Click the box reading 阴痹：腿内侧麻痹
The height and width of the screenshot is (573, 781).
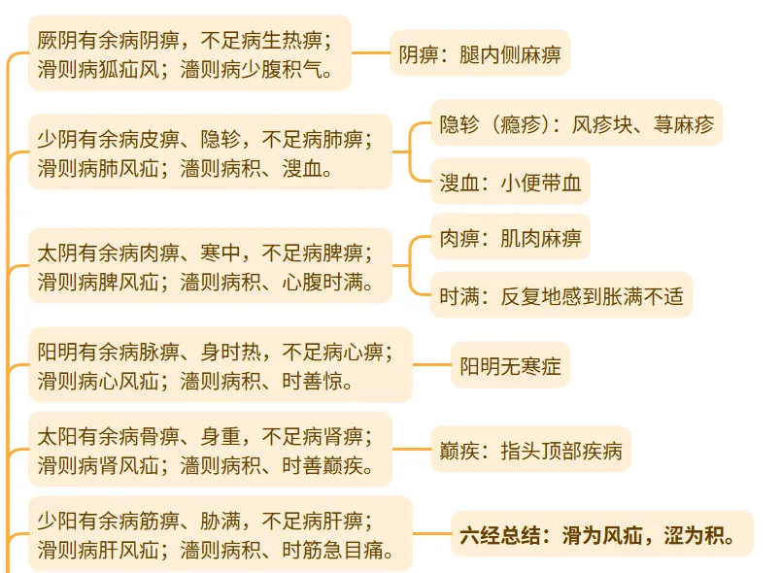click(x=479, y=53)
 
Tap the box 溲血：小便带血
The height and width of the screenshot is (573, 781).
click(x=509, y=183)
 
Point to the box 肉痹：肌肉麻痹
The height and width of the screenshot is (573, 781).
click(x=509, y=237)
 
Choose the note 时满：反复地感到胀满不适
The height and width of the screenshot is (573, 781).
click(x=560, y=295)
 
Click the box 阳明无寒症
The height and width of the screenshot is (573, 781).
click(x=510, y=366)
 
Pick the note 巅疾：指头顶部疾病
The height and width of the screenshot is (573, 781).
click(x=532, y=451)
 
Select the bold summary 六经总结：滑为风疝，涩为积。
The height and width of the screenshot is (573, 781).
click(x=601, y=533)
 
